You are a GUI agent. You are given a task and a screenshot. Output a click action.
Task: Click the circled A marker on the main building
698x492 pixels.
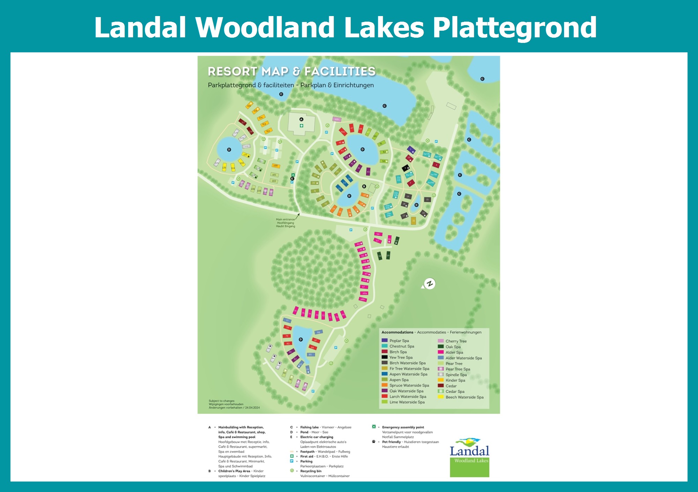(302, 119)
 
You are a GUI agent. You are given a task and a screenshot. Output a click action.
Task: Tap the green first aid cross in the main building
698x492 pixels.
(302, 126)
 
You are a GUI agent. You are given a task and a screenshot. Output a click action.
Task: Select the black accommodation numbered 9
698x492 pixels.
(406, 168)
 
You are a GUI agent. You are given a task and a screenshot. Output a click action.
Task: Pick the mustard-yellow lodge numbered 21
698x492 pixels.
(413, 221)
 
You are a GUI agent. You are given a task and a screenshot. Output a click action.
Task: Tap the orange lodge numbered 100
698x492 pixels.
(276, 166)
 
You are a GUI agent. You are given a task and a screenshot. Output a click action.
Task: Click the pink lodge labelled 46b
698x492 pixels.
(336, 119)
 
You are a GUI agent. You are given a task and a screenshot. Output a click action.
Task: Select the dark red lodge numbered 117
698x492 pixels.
(243, 122)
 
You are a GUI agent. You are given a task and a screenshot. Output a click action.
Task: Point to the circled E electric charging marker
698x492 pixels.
(292, 179)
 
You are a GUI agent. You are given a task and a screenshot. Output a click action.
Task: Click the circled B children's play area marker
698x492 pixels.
(364, 186)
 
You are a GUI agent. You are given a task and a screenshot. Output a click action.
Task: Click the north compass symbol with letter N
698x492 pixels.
(430, 283)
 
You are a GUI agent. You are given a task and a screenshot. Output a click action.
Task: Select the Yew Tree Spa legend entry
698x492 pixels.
(397, 357)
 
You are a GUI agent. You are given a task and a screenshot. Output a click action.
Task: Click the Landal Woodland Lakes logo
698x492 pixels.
(469, 457)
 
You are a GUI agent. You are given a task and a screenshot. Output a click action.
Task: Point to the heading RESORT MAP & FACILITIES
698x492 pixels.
(291, 71)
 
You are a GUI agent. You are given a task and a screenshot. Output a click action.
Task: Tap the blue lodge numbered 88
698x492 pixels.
(318, 332)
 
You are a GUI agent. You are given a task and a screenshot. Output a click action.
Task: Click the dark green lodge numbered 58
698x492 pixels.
(380, 256)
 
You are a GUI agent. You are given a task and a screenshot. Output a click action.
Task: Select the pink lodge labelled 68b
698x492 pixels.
(363, 299)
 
